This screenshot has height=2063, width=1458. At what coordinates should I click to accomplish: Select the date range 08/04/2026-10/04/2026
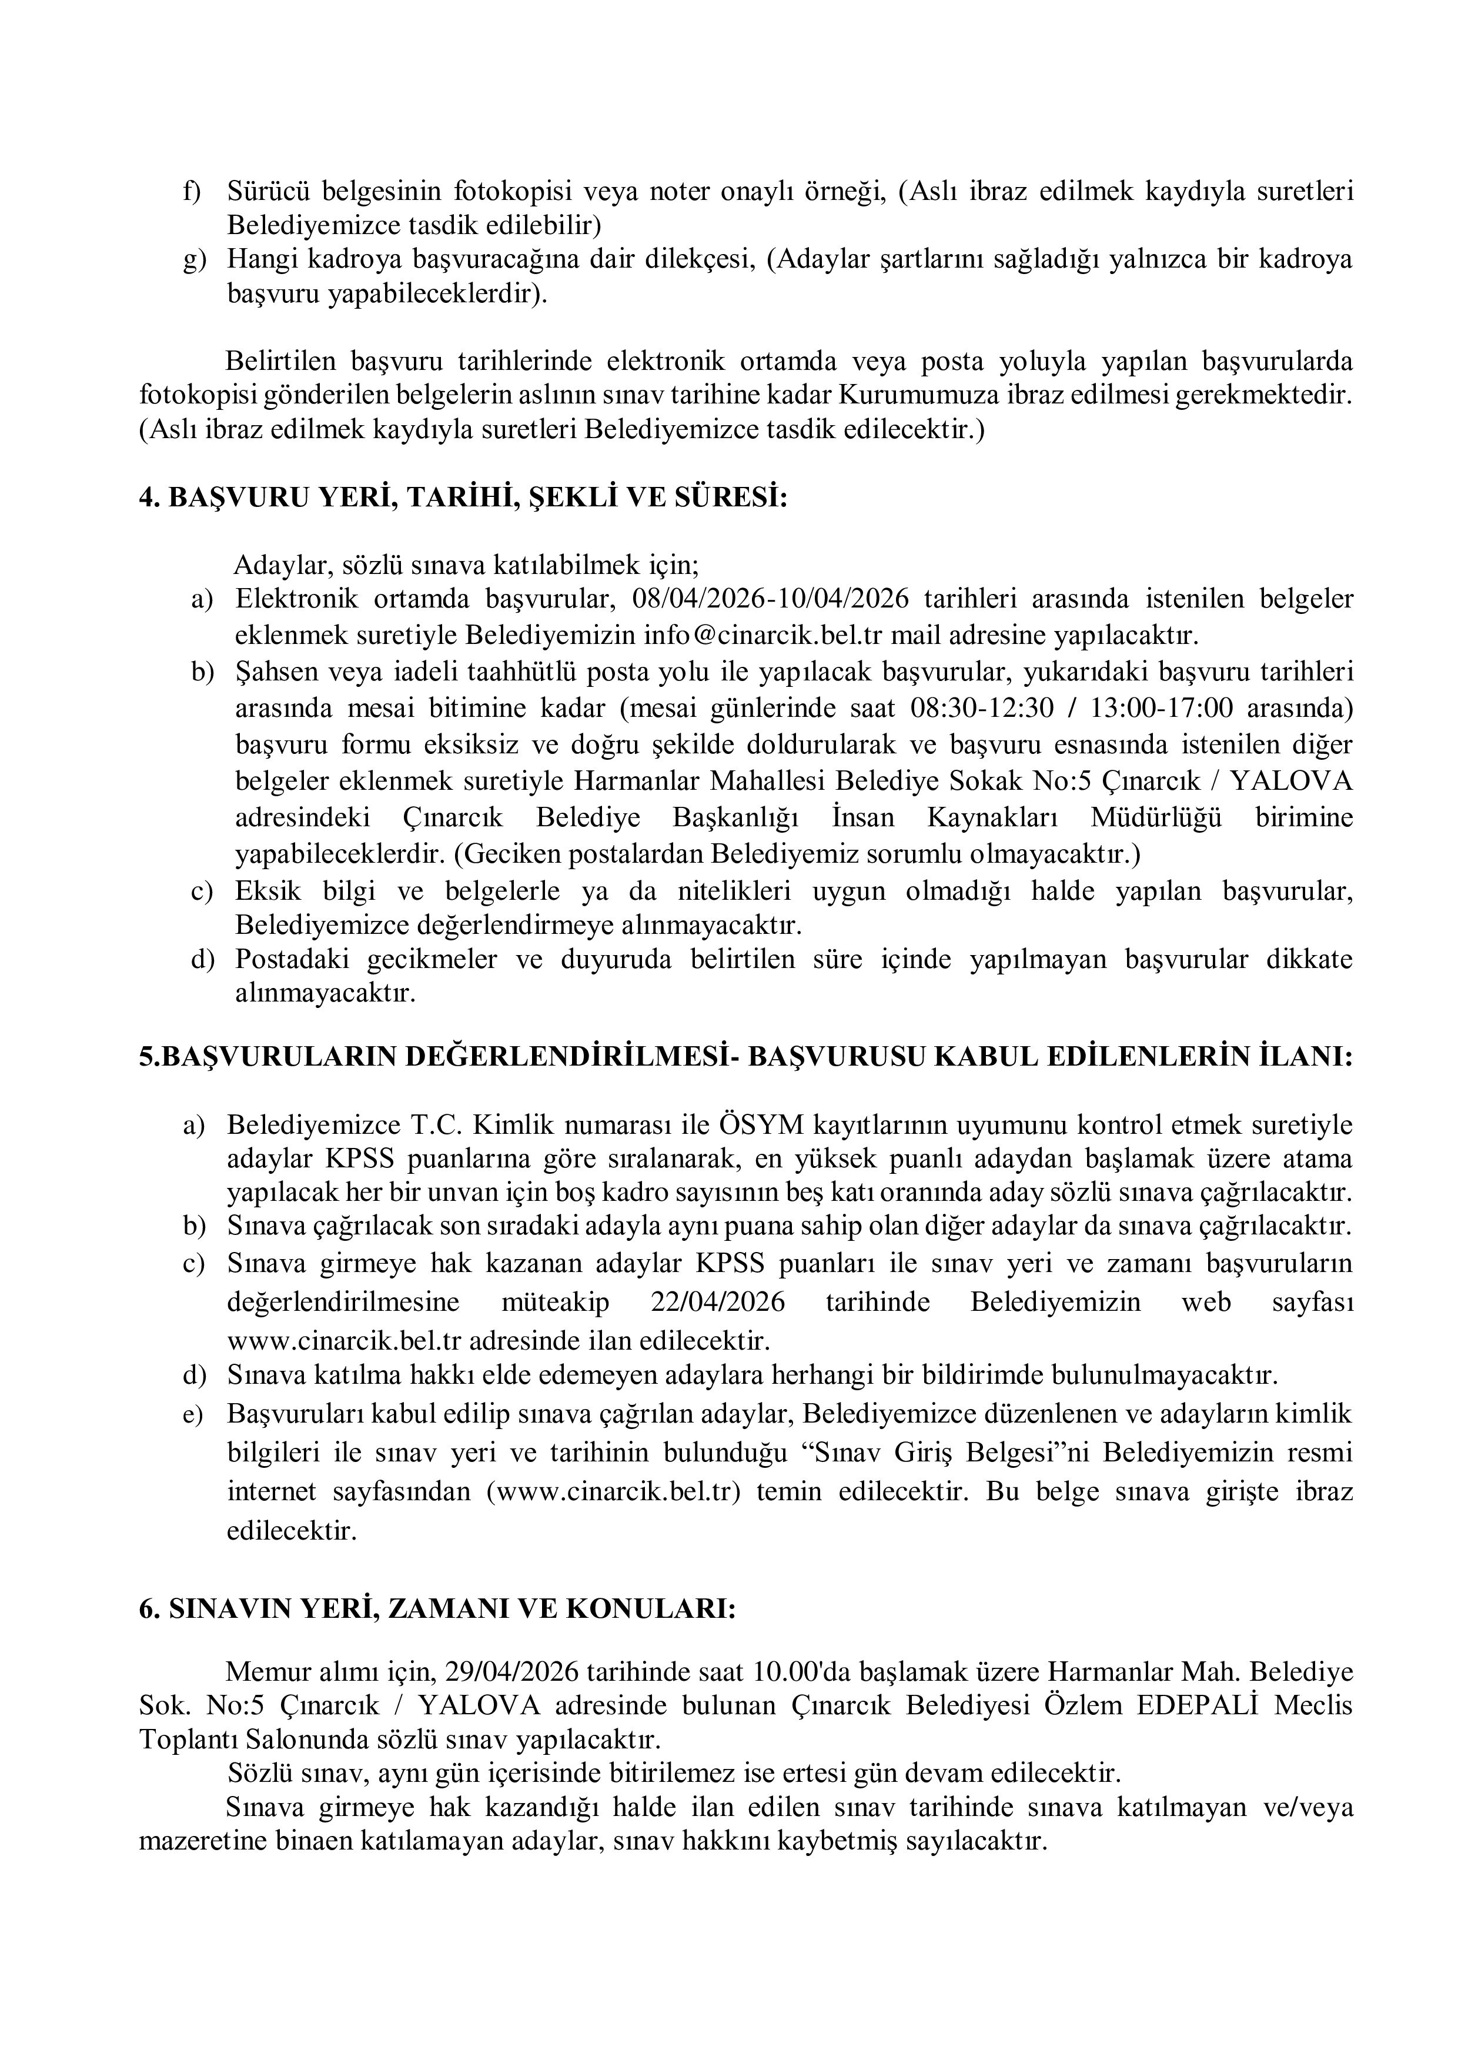tap(771, 599)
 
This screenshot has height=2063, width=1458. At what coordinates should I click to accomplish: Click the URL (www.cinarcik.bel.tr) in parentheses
tap(614, 1491)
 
